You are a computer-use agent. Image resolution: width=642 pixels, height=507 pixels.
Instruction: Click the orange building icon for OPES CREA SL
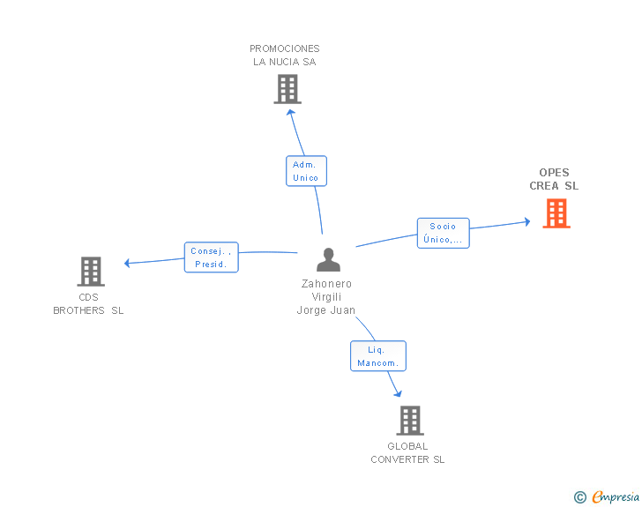[556, 213]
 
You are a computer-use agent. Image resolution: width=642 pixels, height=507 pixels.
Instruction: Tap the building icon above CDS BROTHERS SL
[91, 272]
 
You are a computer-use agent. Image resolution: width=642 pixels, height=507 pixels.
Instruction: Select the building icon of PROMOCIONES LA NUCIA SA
[287, 89]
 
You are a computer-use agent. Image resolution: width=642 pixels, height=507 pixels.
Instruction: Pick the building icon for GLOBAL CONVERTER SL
[410, 421]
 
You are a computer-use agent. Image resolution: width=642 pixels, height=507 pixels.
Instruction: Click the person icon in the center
[328, 260]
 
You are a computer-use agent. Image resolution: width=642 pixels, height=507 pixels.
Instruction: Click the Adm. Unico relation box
[306, 171]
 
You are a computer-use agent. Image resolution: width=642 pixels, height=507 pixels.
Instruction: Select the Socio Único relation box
[443, 233]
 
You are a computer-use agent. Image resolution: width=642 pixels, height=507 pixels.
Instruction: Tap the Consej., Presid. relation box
[211, 257]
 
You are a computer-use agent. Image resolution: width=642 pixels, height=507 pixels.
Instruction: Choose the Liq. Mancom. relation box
[378, 356]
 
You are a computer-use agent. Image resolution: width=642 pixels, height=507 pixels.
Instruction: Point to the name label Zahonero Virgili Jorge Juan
[326, 297]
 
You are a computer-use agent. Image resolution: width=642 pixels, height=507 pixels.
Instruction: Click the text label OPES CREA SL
[554, 179]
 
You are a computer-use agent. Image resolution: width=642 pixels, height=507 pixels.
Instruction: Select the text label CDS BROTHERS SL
[88, 304]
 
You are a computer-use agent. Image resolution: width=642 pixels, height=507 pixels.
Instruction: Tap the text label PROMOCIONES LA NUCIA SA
[285, 55]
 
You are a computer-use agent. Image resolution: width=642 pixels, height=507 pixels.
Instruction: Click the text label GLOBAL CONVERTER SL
[407, 453]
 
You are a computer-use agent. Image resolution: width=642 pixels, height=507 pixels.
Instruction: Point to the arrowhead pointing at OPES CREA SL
[526, 222]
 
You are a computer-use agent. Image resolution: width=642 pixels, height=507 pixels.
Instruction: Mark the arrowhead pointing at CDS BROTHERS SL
[128, 263]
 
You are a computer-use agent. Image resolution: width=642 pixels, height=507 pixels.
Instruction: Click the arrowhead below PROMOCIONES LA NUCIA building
[290, 113]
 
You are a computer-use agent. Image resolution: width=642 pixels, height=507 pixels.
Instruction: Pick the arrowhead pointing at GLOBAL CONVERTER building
[397, 393]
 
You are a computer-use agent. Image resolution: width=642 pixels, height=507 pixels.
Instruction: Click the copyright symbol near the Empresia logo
[579, 497]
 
